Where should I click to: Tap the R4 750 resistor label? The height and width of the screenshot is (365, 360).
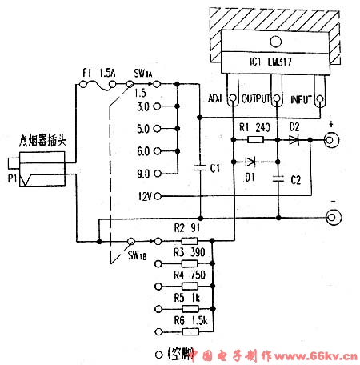pyautogui.click(x=186, y=273)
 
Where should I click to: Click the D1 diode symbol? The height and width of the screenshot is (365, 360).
pyautogui.click(x=254, y=161)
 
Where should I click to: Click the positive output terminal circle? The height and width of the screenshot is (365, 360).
pyautogui.click(x=330, y=142)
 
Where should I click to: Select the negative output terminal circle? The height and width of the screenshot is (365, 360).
pyautogui.click(x=331, y=217)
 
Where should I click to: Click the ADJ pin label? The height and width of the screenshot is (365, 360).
pyautogui.click(x=214, y=99)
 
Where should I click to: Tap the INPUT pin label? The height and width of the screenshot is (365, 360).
pyautogui.click(x=302, y=99)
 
